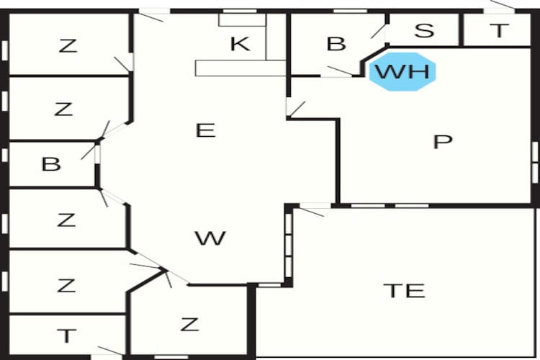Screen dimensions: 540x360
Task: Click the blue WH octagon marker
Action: pos(402,72)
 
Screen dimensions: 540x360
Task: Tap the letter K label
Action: pos(240,44)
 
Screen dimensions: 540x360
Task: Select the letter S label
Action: pos(424,30)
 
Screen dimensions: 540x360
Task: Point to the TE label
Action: pos(405,290)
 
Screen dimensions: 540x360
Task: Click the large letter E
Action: pos(206,130)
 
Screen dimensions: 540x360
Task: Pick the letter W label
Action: pos(210,238)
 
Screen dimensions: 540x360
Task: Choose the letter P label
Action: pos(443,141)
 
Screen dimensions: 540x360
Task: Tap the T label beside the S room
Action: pos(499,30)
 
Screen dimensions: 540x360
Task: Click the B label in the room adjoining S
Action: pos(336,44)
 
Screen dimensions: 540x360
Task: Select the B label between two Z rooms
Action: pos(51,164)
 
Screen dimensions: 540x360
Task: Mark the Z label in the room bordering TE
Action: pos(190,324)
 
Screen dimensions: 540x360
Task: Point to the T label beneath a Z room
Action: pos(67,336)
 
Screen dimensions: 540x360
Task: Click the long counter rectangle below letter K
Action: pos(240,68)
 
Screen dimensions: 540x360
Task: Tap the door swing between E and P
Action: pos(296,109)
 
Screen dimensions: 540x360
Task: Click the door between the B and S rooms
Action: pos(379,32)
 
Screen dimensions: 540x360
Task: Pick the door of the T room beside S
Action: pos(502,5)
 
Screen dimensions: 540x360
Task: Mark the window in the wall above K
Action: pos(240,12)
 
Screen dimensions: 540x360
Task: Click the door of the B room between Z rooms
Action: pos(89,153)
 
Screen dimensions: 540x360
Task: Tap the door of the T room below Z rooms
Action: pos(110,351)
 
